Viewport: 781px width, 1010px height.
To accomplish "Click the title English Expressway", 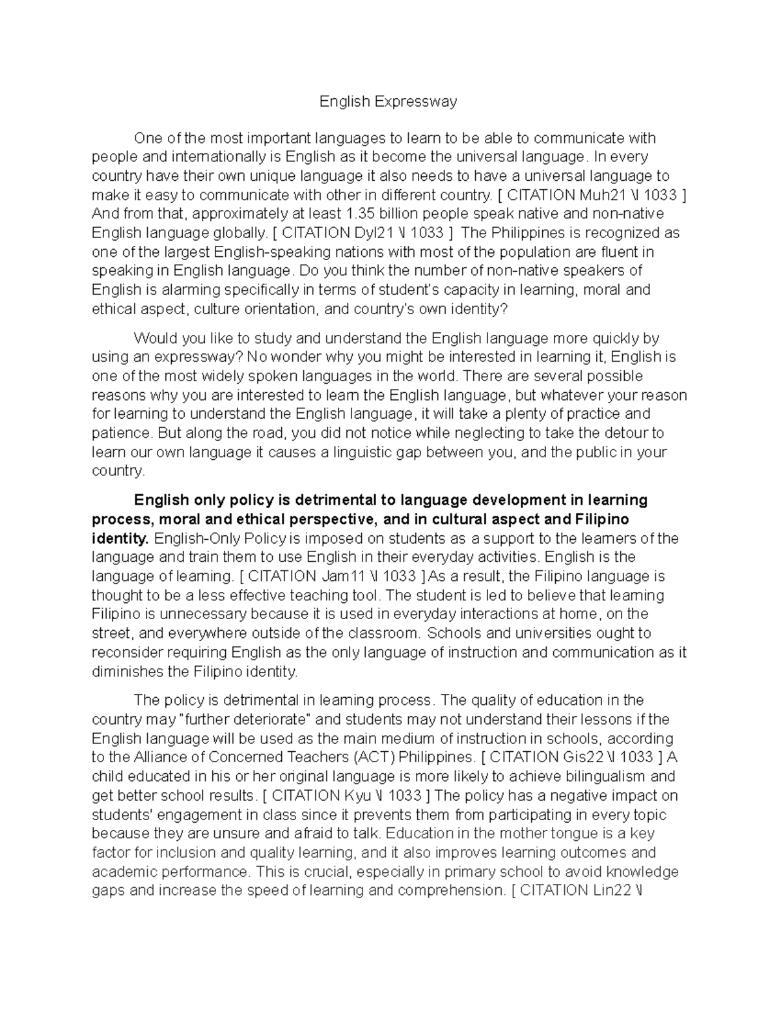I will coord(388,101).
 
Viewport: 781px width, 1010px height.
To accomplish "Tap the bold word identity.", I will coord(120,538).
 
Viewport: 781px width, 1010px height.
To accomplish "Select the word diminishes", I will coord(128,671).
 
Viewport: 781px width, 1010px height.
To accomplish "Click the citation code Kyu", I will coord(374,795).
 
